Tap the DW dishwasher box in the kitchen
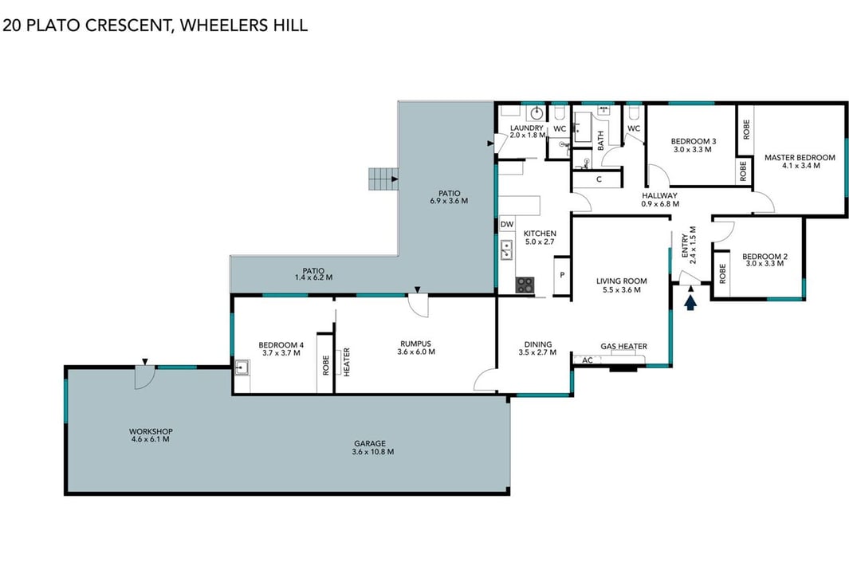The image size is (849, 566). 507,224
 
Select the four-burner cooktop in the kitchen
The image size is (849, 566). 524,285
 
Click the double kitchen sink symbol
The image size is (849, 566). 506,250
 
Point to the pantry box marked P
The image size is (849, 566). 561,275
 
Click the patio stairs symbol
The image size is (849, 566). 383,179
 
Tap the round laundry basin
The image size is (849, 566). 537,113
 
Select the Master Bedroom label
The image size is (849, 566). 800,158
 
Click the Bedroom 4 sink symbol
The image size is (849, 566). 242,368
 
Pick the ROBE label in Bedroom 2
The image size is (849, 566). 721,273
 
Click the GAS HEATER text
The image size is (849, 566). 623,346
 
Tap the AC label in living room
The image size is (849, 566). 588,360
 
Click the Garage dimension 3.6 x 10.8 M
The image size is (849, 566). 372,452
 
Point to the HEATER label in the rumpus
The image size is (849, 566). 347,362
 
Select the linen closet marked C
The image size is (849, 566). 599,179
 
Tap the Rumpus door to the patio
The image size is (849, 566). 418,305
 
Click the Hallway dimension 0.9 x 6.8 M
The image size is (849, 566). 660,204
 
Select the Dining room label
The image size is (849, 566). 537,344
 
